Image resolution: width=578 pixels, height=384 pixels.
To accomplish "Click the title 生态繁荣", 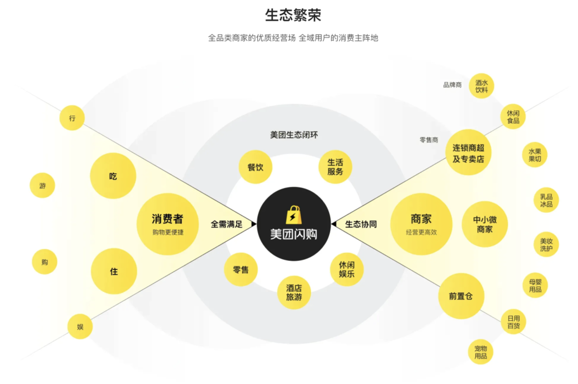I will click(293, 15).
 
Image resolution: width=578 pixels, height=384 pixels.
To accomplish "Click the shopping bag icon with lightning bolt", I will click(294, 215).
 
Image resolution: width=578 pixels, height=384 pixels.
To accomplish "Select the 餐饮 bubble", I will click(255, 167).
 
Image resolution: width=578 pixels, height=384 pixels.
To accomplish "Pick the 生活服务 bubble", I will click(335, 167).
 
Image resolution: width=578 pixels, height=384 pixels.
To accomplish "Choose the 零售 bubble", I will click(241, 270).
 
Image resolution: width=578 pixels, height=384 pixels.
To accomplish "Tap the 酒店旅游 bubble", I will click(294, 292).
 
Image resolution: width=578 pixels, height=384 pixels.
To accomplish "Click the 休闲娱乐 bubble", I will click(347, 269).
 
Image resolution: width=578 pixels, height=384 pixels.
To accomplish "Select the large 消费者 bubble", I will click(167, 224).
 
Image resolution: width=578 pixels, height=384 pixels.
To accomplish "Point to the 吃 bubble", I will click(113, 176).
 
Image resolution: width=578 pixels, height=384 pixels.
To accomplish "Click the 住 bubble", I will click(114, 271).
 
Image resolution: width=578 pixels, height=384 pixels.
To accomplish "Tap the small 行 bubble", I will click(72, 118).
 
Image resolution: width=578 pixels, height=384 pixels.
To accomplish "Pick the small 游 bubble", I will click(43, 186).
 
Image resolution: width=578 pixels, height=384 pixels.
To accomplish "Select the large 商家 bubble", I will click(421, 224).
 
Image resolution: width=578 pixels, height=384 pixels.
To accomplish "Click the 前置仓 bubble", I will click(461, 296).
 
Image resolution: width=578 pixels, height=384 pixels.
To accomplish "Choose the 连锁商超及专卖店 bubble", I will click(468, 153).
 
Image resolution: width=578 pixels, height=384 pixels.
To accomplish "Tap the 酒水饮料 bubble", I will click(481, 86).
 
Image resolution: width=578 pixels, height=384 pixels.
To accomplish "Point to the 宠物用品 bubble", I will click(480, 352).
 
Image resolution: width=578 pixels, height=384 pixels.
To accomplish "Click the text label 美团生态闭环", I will click(294, 135).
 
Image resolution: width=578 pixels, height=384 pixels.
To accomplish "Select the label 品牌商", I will click(452, 85).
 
